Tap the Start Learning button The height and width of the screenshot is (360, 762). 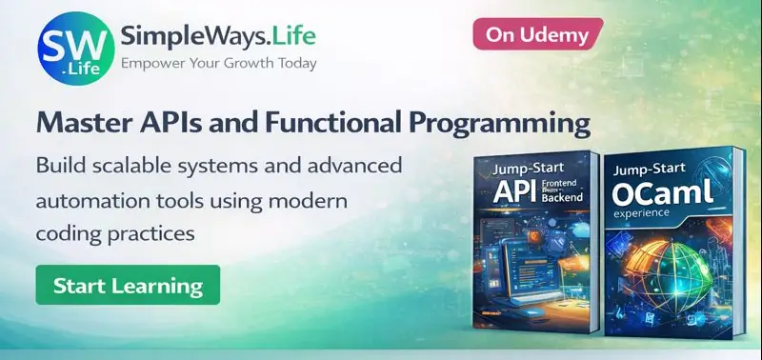click(x=128, y=285)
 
